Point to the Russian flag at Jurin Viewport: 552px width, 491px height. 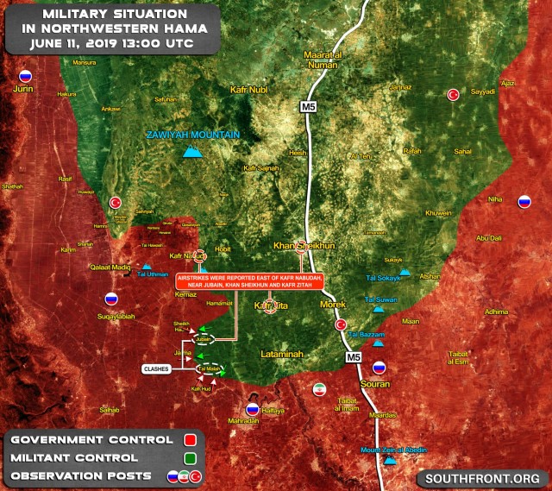(26, 76)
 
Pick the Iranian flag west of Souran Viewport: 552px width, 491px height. (319, 388)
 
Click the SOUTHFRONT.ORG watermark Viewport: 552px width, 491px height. (483, 478)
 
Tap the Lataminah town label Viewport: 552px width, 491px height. (285, 355)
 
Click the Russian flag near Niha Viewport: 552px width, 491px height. (524, 203)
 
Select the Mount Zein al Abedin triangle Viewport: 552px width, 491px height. (391, 460)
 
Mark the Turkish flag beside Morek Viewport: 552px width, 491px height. (341, 324)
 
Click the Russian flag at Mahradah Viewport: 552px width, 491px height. (253, 408)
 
